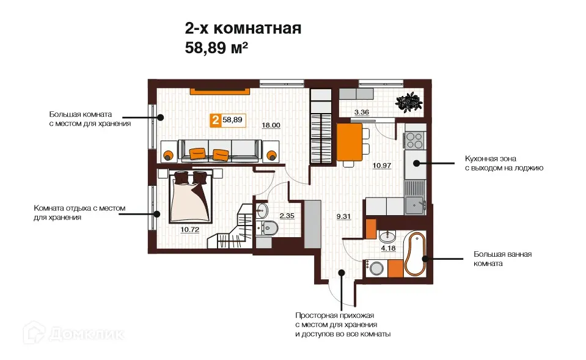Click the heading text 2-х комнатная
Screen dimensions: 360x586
pyautogui.click(x=243, y=28)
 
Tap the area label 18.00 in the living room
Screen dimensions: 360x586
pyautogui.click(x=271, y=125)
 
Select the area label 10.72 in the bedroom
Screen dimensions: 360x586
pyautogui.click(x=190, y=230)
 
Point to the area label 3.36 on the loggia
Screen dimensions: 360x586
pyautogui.click(x=362, y=112)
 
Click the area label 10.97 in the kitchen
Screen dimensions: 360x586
pyautogui.click(x=383, y=165)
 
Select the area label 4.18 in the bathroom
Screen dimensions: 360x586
pyautogui.click(x=388, y=248)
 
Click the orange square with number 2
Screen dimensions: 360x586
pyautogui.click(x=216, y=120)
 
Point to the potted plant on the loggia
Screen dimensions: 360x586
pyautogui.click(x=408, y=101)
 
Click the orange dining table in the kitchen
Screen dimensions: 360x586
pyautogui.click(x=348, y=144)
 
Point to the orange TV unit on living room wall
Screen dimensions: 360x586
pyautogui.click(x=221, y=92)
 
